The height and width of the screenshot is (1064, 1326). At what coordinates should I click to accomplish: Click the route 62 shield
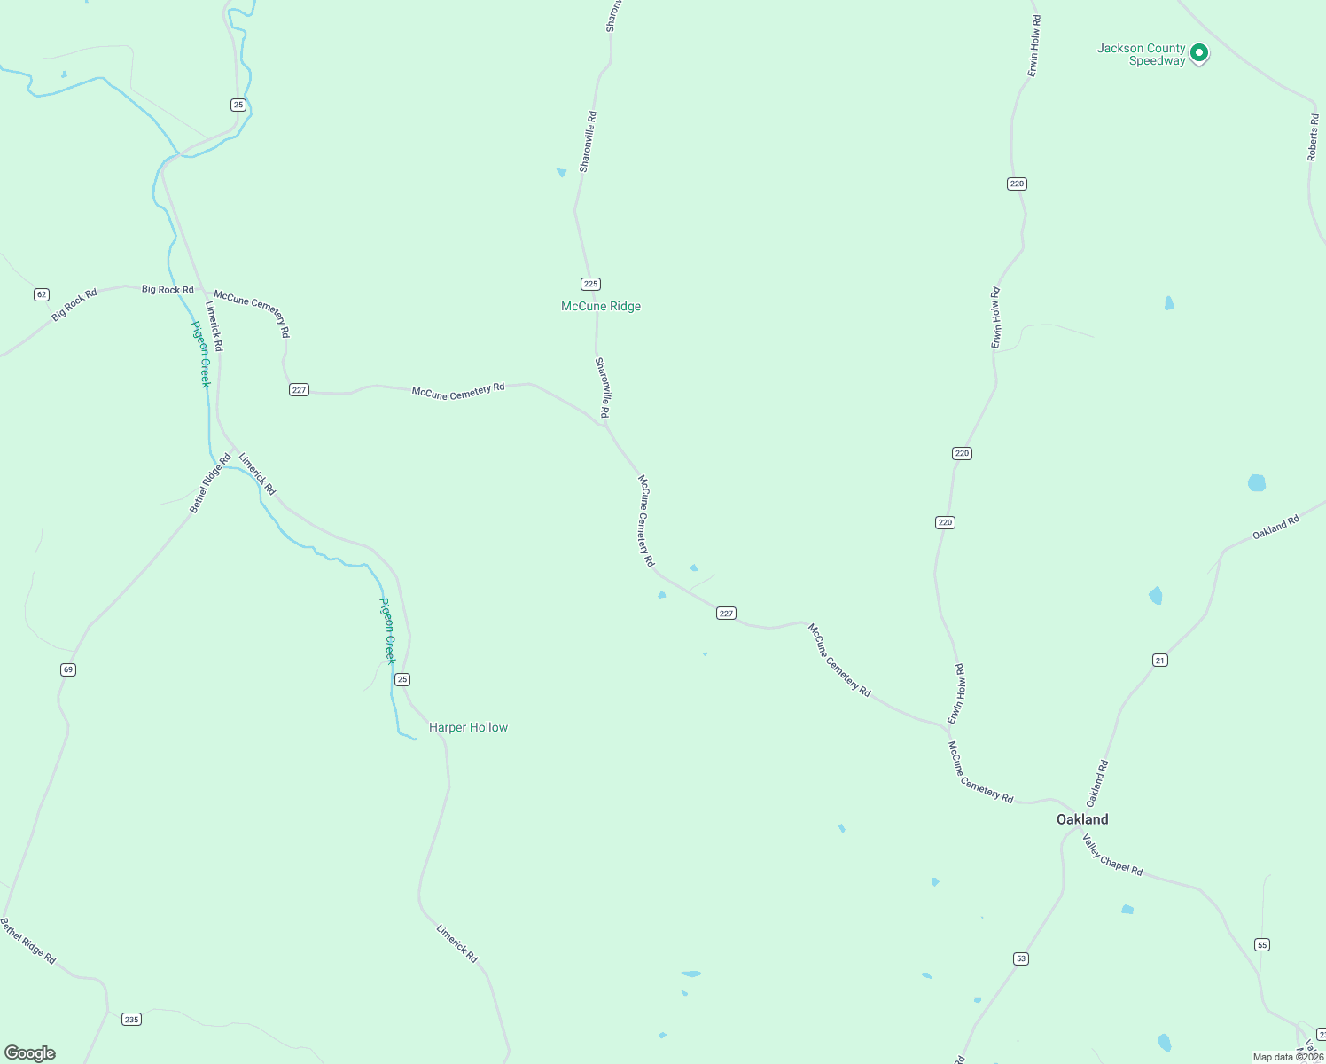click(42, 294)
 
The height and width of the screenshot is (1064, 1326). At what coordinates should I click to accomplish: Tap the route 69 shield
click(68, 669)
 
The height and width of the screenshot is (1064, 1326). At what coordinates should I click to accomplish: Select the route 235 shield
click(132, 1020)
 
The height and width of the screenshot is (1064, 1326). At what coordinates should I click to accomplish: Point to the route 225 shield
click(591, 284)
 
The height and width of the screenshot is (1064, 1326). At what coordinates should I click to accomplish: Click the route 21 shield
click(1160, 660)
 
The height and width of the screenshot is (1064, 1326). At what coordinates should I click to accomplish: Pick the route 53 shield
click(1021, 958)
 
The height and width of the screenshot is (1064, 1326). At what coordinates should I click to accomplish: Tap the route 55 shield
click(1262, 945)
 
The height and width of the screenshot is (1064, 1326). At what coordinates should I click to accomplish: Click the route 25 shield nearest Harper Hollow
click(402, 679)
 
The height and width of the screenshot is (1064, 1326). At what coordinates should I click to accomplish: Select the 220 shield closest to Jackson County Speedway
click(1017, 184)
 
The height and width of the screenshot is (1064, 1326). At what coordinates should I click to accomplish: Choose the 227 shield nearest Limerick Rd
click(299, 390)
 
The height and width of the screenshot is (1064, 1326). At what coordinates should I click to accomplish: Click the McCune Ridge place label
click(601, 306)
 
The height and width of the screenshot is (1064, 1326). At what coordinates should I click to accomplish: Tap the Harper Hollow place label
click(468, 727)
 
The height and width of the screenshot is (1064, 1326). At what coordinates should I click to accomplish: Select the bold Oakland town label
click(1082, 819)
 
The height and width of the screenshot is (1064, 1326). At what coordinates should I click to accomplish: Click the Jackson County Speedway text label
click(1141, 54)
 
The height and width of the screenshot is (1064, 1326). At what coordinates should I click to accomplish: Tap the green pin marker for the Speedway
click(1199, 53)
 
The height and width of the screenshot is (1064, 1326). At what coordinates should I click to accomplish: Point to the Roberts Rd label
click(1313, 137)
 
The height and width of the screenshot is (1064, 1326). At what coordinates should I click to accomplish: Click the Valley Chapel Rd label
click(1112, 856)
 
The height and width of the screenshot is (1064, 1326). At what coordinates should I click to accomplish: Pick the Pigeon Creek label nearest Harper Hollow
click(387, 630)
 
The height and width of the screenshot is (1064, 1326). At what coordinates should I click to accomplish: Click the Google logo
click(30, 1053)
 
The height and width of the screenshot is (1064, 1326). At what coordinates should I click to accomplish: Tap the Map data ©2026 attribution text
click(1288, 1057)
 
